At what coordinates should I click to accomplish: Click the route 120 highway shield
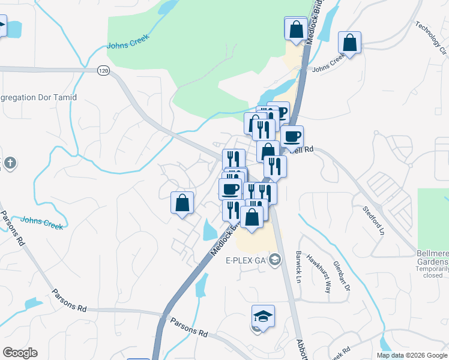tap(104, 71)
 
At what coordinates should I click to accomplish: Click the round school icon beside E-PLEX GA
tap(275, 260)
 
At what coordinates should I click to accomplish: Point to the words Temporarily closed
tap(432, 272)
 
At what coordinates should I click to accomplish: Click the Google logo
tap(20, 353)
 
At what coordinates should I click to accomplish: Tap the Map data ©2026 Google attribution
tap(411, 355)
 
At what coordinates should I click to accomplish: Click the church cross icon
tap(10, 162)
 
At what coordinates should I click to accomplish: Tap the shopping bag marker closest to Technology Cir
tap(349, 43)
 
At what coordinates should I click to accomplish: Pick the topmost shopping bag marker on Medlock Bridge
tap(295, 28)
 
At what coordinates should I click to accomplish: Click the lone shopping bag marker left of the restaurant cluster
tap(182, 203)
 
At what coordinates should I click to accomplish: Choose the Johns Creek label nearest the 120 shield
tap(127, 42)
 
